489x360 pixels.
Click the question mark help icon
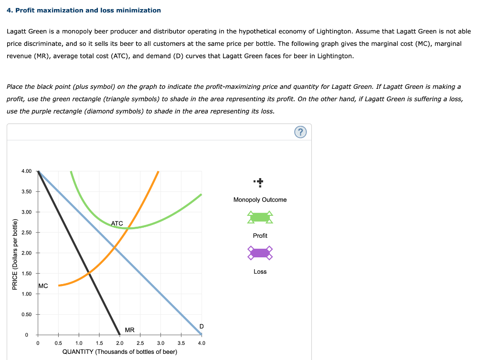[300, 132]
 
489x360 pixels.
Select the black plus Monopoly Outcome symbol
[259, 182]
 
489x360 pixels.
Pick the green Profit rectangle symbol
[260, 218]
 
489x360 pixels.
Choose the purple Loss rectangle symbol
[260, 253]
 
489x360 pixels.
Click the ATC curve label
[117, 223]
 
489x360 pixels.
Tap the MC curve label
[43, 286]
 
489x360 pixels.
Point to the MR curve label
[129, 330]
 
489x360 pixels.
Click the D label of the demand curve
[202, 326]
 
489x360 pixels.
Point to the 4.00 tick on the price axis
[27, 171]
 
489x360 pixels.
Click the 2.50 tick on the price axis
[27, 233]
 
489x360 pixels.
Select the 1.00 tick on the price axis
[27, 294]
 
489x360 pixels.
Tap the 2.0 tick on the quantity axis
[120, 343]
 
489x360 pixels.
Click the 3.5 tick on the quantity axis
[181, 343]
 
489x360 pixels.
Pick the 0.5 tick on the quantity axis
[58, 343]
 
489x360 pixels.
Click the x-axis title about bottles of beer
[120, 352]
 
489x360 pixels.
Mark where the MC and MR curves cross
[89, 273]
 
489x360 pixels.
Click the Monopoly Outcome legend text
[260, 200]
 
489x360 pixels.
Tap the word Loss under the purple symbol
[260, 271]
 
